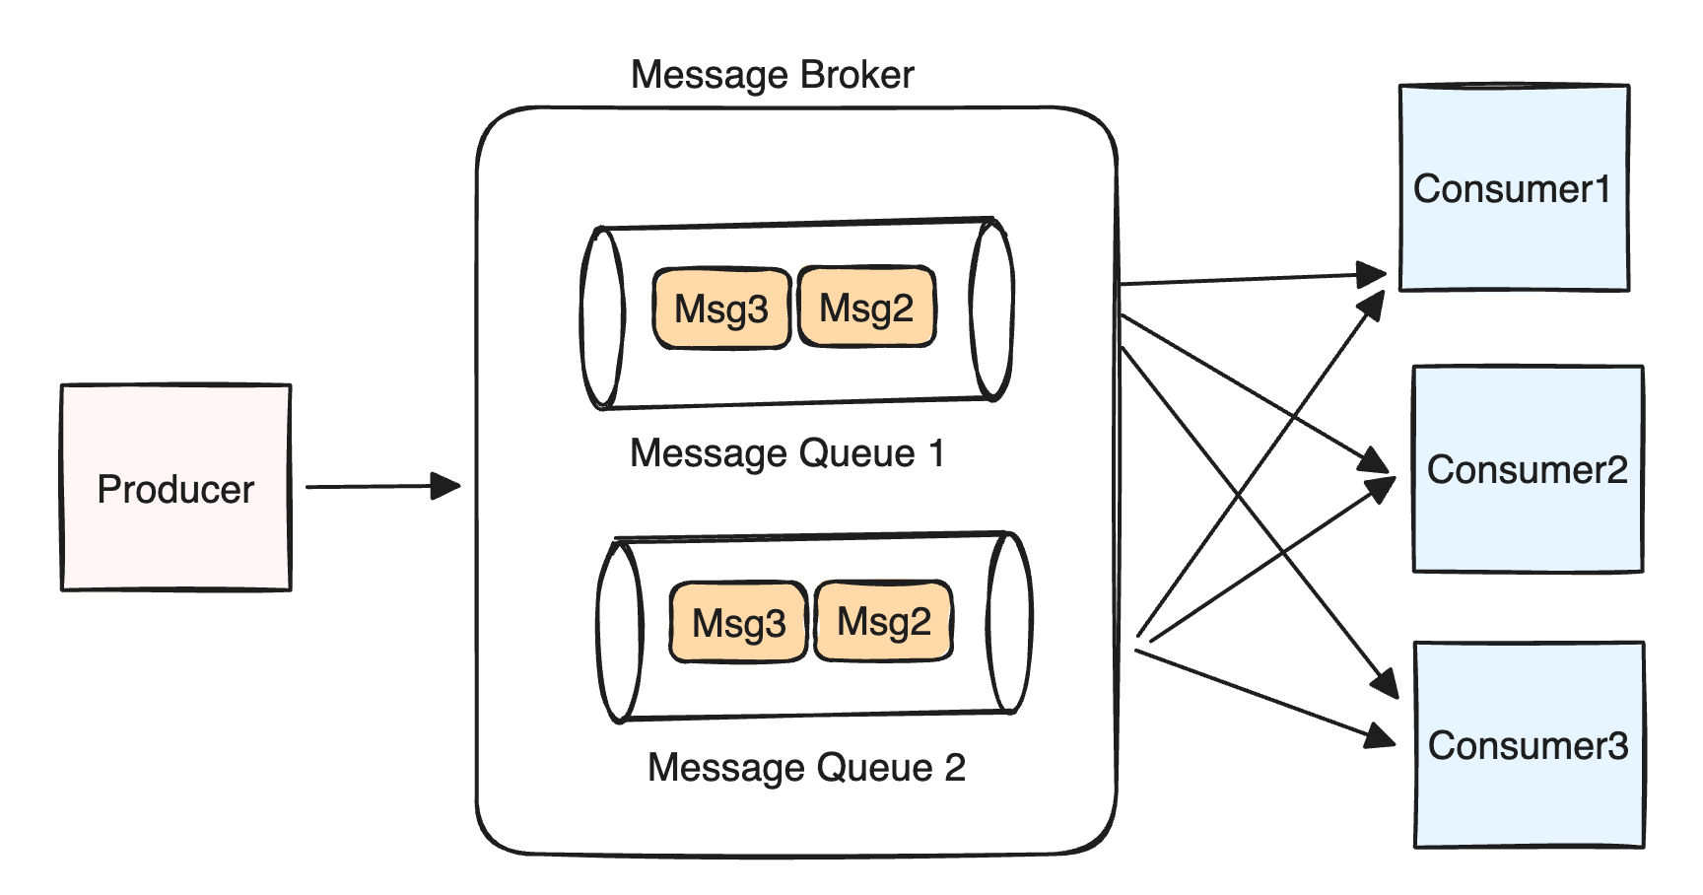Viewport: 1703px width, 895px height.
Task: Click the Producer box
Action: tap(175, 488)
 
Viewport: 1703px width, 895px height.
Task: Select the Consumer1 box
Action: tap(1514, 188)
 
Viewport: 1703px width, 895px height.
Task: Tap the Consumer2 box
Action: tap(1528, 469)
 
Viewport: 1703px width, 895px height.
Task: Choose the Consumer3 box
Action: tap(1529, 745)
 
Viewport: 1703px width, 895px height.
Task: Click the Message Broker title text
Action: tap(772, 75)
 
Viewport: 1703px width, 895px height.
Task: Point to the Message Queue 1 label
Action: tap(786, 453)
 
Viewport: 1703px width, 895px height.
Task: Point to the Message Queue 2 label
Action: tap(806, 767)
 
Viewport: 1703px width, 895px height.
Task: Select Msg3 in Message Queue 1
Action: tap(721, 309)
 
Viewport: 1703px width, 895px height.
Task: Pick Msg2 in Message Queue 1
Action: tap(866, 308)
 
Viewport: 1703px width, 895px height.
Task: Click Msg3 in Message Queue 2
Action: tap(739, 623)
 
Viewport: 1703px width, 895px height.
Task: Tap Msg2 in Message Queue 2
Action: tap(884, 622)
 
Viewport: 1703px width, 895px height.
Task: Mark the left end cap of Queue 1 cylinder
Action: tap(602, 316)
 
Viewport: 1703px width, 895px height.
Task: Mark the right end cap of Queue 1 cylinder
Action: tap(991, 310)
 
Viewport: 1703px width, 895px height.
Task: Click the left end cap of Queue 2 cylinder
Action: tap(620, 631)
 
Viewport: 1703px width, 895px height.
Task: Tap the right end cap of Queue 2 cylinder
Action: tap(1009, 623)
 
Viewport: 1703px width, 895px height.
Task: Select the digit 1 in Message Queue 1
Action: tap(936, 453)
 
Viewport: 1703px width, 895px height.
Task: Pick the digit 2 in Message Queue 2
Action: tap(955, 767)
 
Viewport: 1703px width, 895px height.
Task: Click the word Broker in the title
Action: tap(857, 75)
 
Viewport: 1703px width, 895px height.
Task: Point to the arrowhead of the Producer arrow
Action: tap(447, 486)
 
